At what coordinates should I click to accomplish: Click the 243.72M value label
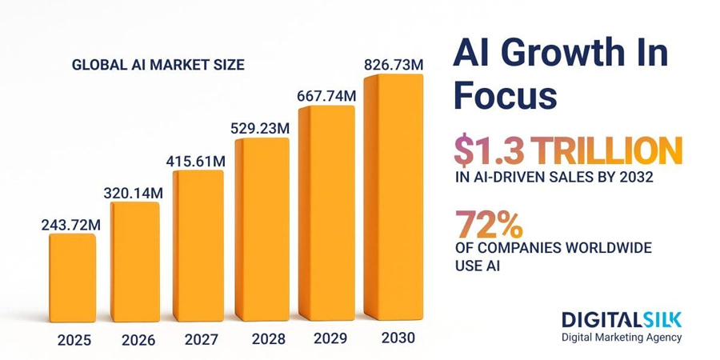point(71,225)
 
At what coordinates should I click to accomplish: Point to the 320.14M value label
point(134,193)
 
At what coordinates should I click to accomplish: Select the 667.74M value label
point(326,96)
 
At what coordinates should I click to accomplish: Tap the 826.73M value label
point(393,65)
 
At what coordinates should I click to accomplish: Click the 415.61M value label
point(196,162)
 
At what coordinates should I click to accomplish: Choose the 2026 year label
point(138,340)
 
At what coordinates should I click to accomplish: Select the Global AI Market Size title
point(158,65)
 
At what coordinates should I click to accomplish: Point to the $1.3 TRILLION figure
point(568,152)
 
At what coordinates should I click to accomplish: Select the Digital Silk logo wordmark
point(622,320)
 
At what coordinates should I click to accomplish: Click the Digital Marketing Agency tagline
point(622,338)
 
